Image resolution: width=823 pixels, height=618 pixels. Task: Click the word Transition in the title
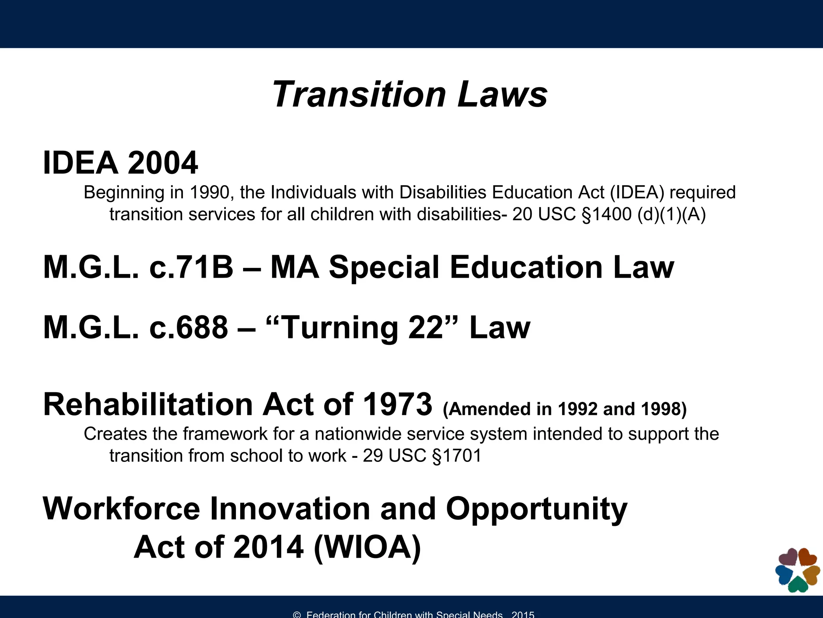(359, 95)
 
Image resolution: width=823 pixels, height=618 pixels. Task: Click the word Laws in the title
(502, 95)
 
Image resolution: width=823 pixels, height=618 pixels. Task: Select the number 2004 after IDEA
(163, 163)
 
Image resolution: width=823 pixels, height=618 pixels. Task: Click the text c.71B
(191, 267)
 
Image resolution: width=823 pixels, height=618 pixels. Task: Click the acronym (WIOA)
(367, 547)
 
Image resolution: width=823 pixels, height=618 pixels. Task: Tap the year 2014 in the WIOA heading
(268, 547)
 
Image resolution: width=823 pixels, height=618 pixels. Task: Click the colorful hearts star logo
(797, 570)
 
